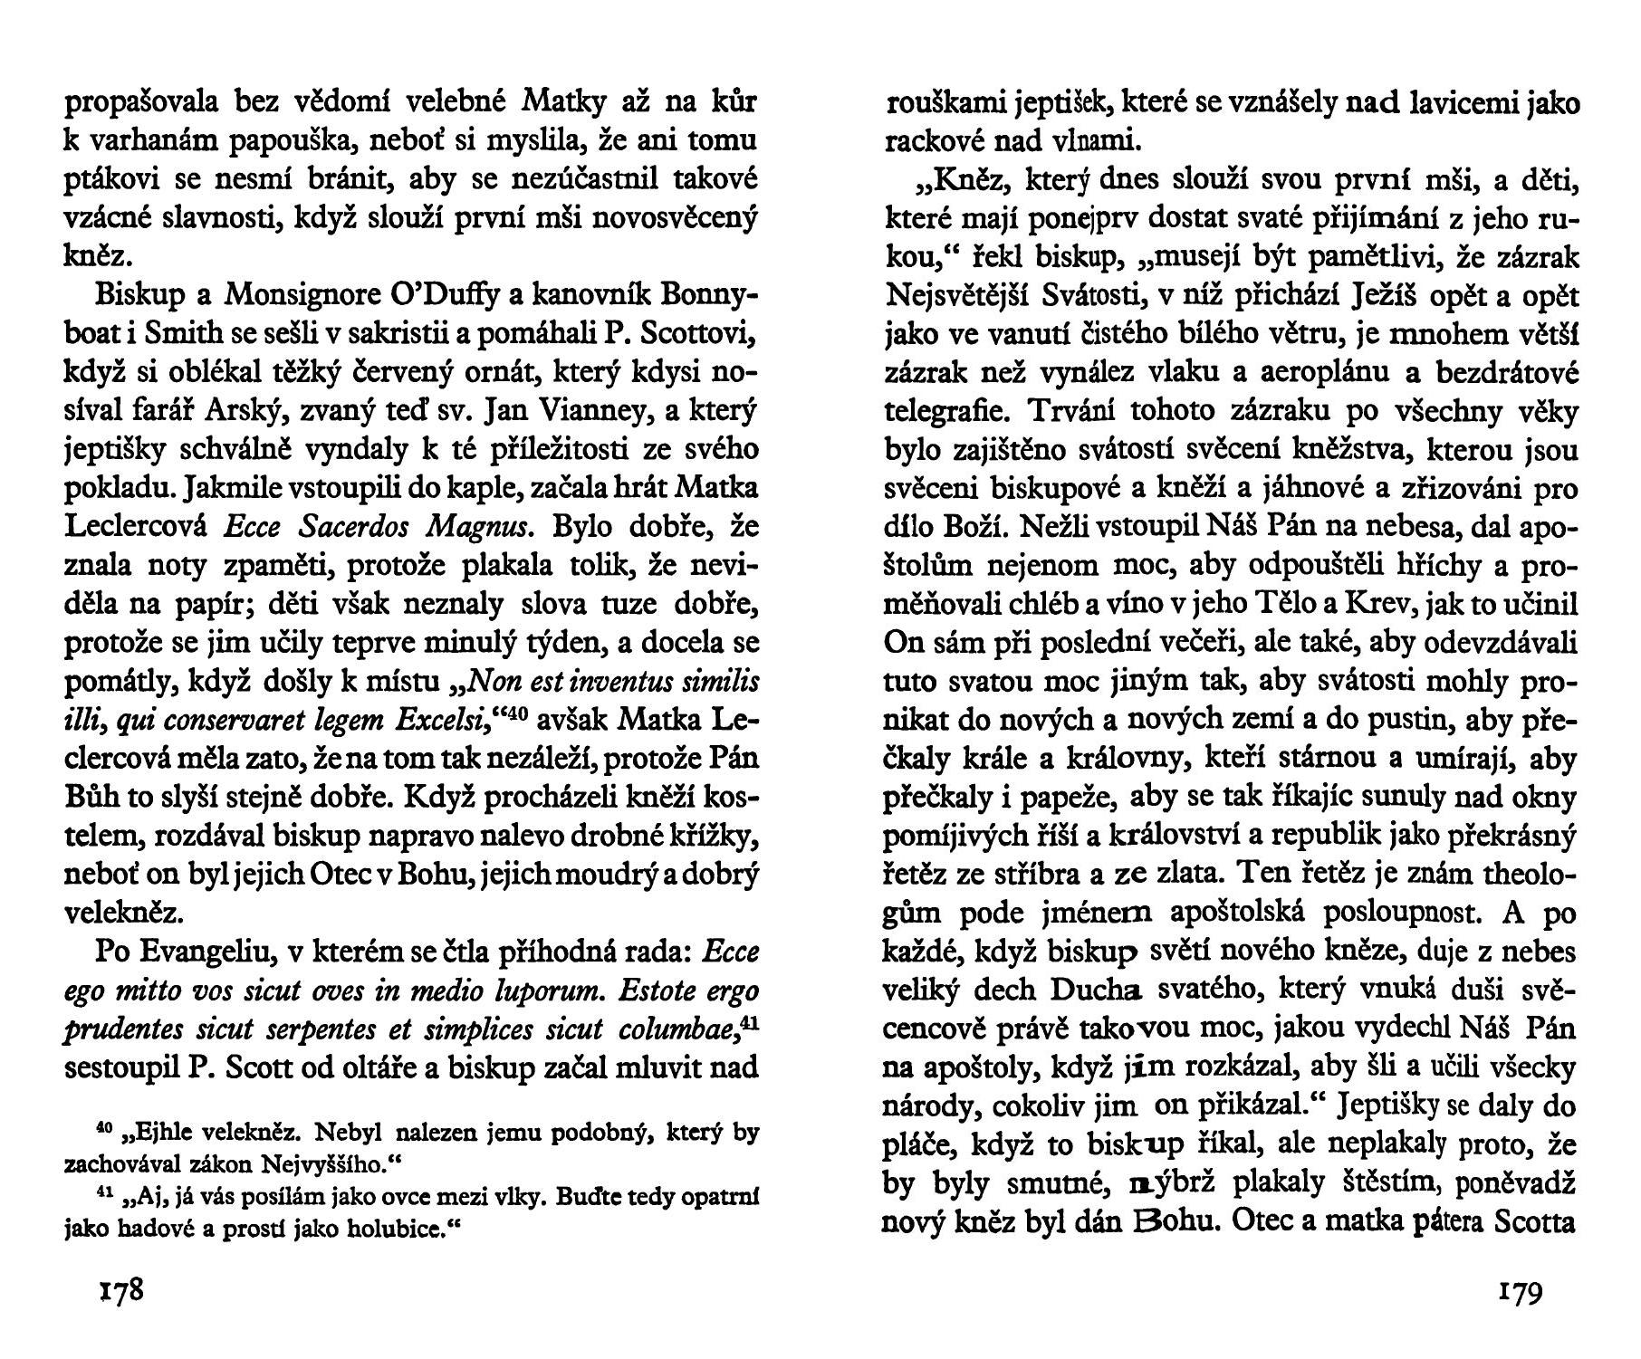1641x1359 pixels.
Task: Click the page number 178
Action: pyautogui.click(x=120, y=1290)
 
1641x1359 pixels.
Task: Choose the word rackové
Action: pyautogui.click(x=934, y=142)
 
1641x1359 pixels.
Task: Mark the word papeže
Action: pyautogui.click(x=1093, y=798)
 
